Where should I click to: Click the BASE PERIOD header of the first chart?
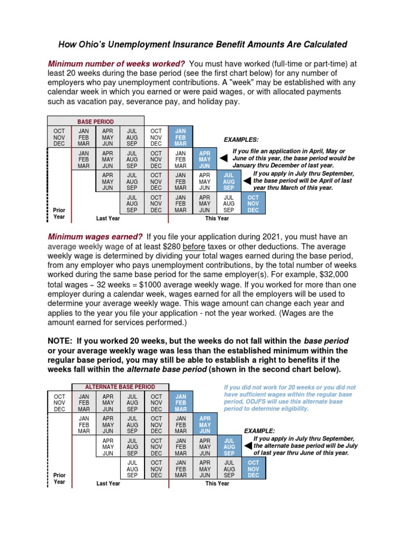pos(95,121)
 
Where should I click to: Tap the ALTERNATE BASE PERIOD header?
pos(113,387)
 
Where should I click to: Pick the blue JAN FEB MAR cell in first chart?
pos(180,137)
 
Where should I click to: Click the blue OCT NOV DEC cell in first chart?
pos(253,203)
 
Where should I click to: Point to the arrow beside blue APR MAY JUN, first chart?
pos(223,158)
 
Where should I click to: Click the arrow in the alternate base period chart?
pos(247,446)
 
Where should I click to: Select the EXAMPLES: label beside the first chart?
pos(241,140)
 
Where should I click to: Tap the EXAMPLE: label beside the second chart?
pos(259,431)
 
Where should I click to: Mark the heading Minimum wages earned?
pos(95,237)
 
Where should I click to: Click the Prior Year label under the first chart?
pos(59,213)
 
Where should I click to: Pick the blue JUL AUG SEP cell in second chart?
pos(229,446)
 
